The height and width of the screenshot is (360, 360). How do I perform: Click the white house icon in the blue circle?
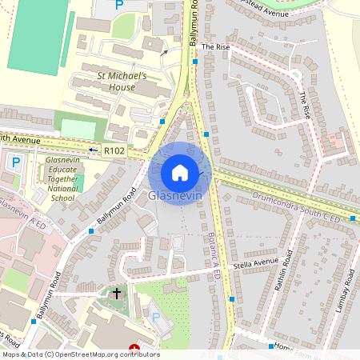pos(180,173)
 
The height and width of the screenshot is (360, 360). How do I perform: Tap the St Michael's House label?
pos(122,81)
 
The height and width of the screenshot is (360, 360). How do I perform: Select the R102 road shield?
pos(115,150)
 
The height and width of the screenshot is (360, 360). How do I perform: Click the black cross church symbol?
pos(117,294)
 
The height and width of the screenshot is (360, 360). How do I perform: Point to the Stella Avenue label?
pos(255,262)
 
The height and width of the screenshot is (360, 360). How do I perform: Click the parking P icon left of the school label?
pos(15,162)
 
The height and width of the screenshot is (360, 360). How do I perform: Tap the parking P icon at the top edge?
pos(119,5)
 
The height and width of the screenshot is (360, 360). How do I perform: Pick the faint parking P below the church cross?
pos(157,318)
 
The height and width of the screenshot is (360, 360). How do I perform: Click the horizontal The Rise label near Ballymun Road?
pos(215,47)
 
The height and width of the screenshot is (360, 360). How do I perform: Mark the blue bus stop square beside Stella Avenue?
pos(231,299)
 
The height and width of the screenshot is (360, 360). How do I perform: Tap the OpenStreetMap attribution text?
pos(81,354)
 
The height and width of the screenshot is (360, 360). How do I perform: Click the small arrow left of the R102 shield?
pos(93,150)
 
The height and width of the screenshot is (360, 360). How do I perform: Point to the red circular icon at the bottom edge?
pos(134,349)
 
